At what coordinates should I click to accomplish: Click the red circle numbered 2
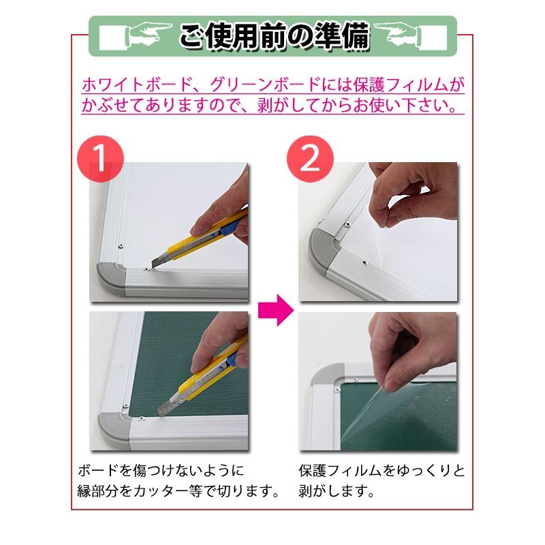(309, 159)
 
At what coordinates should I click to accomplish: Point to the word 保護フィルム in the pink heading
(372, 85)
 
